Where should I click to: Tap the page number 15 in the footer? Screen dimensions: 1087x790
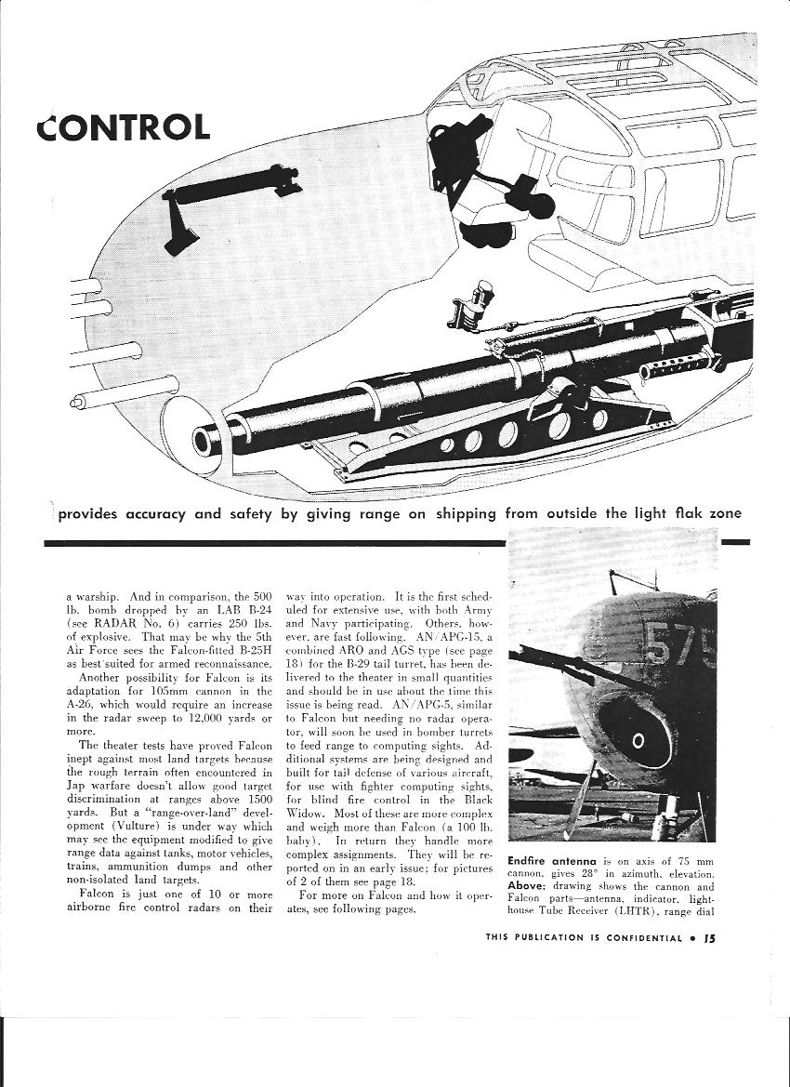coord(709,937)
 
